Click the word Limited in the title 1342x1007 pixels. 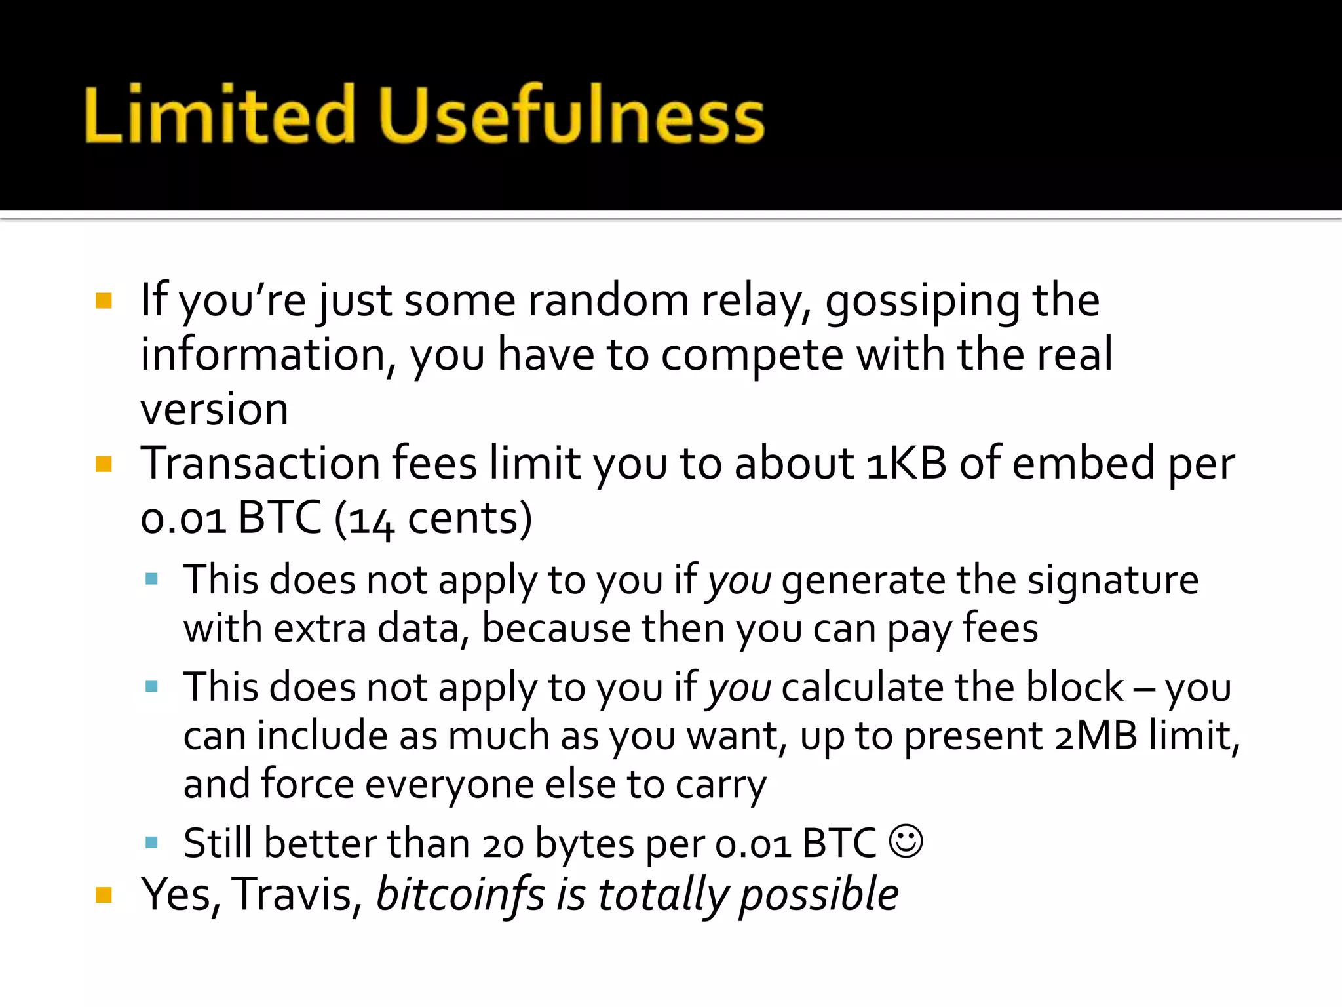220,115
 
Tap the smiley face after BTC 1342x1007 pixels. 906,841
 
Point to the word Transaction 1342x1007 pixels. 260,463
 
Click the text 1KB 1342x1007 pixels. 906,463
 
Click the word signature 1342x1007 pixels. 1113,580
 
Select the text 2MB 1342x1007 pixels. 1096,736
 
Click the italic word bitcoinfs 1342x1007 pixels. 460,894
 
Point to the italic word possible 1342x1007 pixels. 818,894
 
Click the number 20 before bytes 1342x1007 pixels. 503,844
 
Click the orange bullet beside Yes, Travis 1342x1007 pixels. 104,895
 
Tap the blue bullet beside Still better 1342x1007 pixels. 152,842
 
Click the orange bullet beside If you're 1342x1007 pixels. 104,301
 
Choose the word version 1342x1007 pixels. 214,410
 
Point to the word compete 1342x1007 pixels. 752,355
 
